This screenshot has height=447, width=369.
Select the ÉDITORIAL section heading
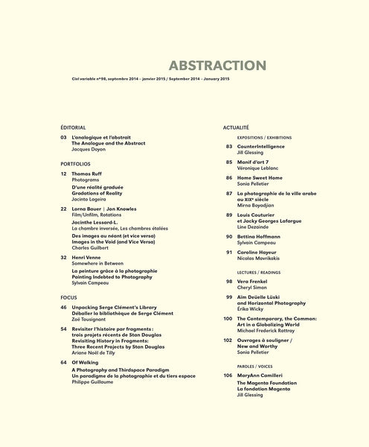(x=74, y=128)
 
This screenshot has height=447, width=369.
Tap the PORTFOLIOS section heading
(x=76, y=163)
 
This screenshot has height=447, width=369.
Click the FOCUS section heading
(x=69, y=297)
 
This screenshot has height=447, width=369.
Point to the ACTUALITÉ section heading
(x=236, y=128)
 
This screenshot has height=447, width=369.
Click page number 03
(x=64, y=138)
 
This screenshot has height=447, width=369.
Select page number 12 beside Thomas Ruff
(x=64, y=173)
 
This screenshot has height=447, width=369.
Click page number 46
(x=64, y=307)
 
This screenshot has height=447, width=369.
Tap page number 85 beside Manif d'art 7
(x=229, y=162)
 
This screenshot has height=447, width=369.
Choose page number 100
(x=228, y=319)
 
